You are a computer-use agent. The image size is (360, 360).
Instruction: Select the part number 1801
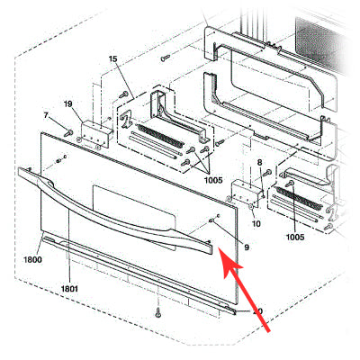(69, 288)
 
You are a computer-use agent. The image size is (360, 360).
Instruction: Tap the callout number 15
(112, 59)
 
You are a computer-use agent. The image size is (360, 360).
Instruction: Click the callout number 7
(46, 115)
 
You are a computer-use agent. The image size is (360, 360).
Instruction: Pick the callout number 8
(259, 163)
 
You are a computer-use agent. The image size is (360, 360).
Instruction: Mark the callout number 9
(245, 247)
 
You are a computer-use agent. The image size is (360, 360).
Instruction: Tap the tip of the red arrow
(221, 261)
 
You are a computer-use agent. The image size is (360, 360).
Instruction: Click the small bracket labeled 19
(94, 133)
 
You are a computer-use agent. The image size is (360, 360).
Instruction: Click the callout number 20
(256, 312)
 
